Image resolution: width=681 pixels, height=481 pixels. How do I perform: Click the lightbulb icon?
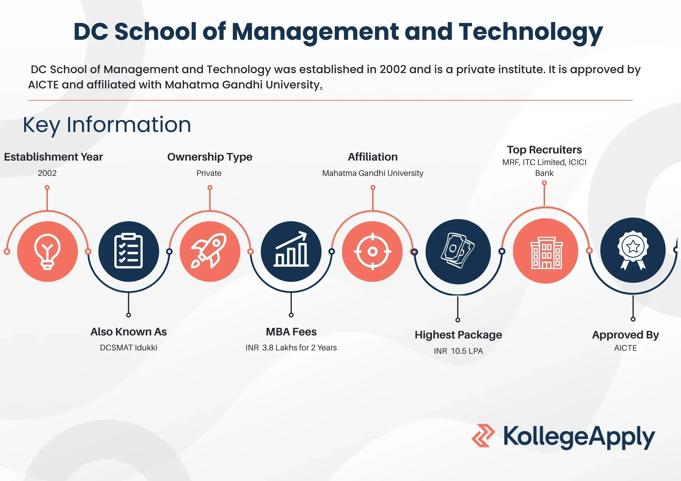[47, 252]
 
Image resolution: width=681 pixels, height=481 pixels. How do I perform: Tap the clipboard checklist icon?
[128, 251]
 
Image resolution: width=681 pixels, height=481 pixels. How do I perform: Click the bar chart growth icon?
[291, 249]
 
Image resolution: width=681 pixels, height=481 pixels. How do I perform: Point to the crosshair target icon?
[373, 252]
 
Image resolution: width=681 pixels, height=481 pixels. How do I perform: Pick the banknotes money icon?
[458, 250]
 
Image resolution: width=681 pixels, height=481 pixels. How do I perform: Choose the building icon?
[546, 253]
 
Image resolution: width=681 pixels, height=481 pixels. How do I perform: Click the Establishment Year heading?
[53, 157]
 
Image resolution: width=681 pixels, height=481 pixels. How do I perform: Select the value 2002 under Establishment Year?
[47, 173]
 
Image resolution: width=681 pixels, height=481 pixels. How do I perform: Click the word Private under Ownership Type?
[209, 173]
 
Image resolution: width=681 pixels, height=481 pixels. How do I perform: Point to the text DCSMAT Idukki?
[128, 348]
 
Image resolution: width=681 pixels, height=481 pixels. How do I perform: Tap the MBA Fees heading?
[291, 332]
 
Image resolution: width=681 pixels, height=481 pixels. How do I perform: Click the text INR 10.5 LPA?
[458, 351]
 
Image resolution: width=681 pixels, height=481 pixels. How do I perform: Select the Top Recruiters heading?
[544, 150]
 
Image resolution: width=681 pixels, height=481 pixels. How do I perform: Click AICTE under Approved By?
[625, 348]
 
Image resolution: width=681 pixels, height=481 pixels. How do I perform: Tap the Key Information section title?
[107, 125]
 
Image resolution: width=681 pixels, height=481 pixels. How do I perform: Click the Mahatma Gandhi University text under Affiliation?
[373, 173]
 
